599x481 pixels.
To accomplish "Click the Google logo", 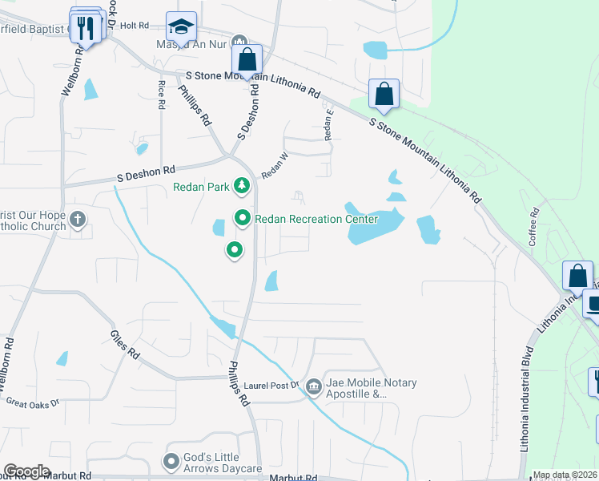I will (26, 471).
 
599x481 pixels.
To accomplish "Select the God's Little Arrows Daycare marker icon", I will (171, 461).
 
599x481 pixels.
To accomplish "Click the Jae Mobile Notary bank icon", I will (313, 388).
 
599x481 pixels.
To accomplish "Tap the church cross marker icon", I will (78, 219).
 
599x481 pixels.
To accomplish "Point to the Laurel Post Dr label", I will (272, 386).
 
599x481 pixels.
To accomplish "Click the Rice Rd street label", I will (162, 95).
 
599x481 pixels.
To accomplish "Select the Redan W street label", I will (274, 163).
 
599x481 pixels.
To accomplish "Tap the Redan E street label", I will (328, 124).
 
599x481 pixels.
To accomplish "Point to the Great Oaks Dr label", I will (32, 401).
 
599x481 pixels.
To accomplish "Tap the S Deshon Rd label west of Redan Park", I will (146, 172).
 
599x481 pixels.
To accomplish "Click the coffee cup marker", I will (593, 305).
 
